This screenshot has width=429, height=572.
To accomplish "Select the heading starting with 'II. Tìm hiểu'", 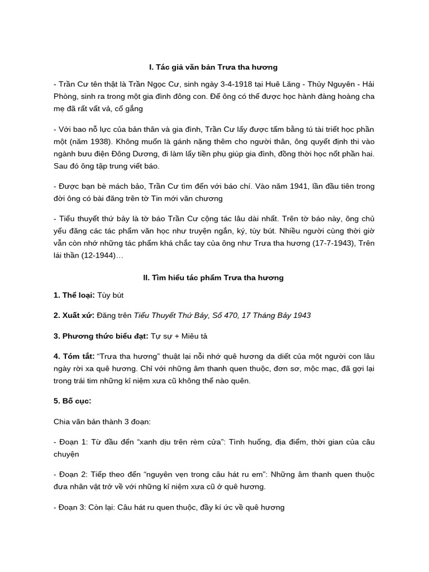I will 213,278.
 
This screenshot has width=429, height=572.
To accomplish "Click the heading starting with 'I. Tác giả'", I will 213,67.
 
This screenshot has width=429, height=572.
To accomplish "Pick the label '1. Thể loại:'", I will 74,295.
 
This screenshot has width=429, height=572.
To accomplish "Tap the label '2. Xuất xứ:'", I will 74,315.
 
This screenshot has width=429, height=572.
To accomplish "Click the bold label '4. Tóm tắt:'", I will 74,356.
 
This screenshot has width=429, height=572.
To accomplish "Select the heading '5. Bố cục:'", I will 72,401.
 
